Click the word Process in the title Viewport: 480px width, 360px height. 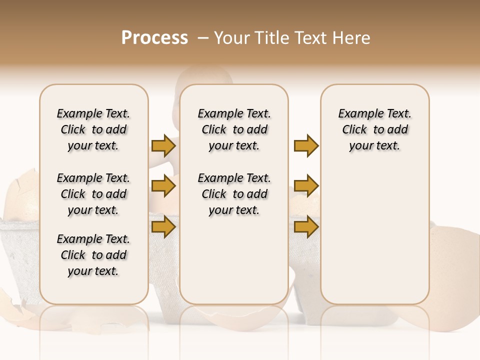click(x=154, y=38)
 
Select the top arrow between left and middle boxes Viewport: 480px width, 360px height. click(x=163, y=146)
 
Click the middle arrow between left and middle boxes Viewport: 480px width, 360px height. click(x=163, y=186)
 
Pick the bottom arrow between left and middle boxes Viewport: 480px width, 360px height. click(x=163, y=226)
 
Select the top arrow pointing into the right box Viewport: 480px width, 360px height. click(x=306, y=146)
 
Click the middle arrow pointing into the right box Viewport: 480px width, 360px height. click(x=306, y=186)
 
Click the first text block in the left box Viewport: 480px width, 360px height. click(x=93, y=129)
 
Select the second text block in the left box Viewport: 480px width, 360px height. click(x=93, y=194)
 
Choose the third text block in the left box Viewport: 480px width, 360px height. click(x=93, y=255)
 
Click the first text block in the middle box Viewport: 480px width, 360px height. click(x=234, y=129)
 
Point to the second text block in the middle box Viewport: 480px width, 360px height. click(x=234, y=194)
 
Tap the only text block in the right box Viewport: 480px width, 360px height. click(x=375, y=129)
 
